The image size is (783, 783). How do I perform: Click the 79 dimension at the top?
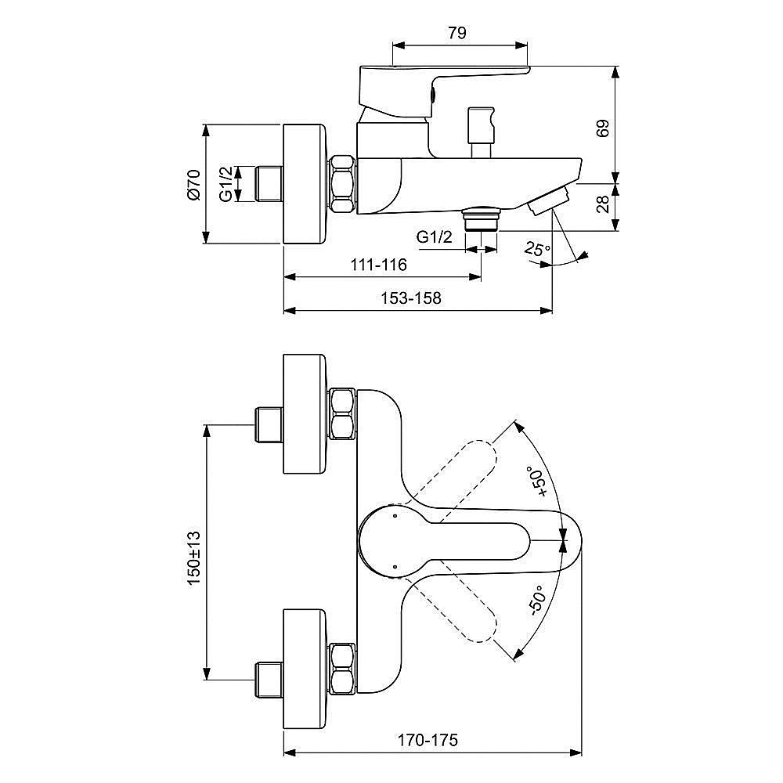pos(458,33)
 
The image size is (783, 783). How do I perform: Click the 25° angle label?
pos(538,251)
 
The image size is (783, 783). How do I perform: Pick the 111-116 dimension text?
pos(379,265)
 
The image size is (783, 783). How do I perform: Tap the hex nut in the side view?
pos(343,185)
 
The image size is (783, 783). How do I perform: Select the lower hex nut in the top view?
pos(343,667)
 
